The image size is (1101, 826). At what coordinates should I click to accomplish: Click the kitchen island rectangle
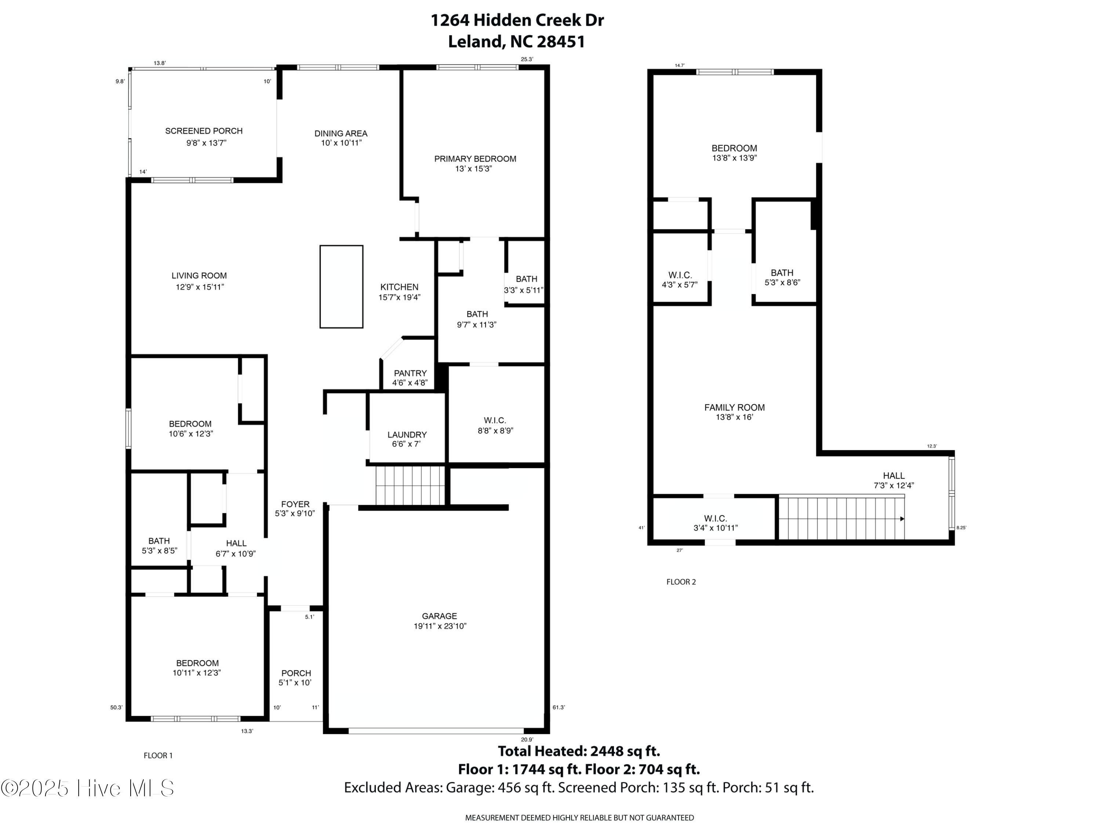tap(341, 286)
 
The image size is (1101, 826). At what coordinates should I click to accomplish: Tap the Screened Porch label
tap(204, 131)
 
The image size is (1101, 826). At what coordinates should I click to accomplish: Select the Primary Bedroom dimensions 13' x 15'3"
tap(473, 169)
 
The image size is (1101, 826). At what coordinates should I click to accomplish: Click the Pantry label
tap(410, 373)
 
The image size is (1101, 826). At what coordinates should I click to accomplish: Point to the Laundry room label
tap(407, 435)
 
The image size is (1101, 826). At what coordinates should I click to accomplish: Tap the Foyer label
tap(295, 504)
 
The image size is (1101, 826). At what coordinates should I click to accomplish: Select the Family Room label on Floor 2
tap(734, 407)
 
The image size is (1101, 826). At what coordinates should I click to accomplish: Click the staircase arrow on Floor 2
tap(902, 519)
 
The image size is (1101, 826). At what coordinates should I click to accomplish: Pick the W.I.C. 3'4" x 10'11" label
tap(715, 523)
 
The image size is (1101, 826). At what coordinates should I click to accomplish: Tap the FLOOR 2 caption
tap(681, 582)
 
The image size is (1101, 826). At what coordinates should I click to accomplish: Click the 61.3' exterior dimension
tap(559, 707)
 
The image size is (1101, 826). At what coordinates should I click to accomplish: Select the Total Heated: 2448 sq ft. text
tap(579, 751)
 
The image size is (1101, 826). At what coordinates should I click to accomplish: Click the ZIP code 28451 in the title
tap(561, 41)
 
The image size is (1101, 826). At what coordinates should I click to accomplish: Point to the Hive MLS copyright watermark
tap(87, 788)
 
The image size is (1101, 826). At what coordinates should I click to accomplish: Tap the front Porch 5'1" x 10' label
tap(296, 678)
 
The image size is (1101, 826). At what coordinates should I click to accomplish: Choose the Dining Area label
tap(341, 133)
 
